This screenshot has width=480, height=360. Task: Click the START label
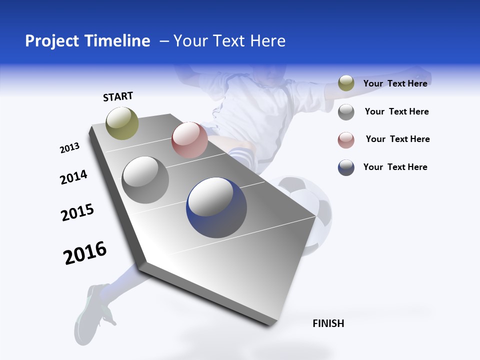[x=118, y=96]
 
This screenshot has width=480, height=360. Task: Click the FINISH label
[x=328, y=323]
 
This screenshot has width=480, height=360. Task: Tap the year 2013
[x=69, y=148]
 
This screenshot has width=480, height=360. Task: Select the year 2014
[x=73, y=177]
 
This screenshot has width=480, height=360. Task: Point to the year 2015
[x=77, y=212]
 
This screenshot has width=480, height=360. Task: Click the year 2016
[x=85, y=253]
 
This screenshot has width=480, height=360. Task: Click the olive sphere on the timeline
[x=122, y=123]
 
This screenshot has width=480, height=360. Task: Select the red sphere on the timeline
[x=189, y=140]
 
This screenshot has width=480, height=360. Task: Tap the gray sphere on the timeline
[x=145, y=180]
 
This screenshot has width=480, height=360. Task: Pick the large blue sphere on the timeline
[x=216, y=207]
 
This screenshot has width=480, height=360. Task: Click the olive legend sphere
[x=346, y=83]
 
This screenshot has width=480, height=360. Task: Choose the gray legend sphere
[x=346, y=112]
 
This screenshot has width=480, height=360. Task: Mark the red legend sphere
[x=346, y=140]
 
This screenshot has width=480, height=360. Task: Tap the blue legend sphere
[x=346, y=167]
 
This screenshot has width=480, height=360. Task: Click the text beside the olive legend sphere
[x=395, y=83]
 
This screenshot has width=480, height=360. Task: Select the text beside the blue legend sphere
[x=395, y=167]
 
